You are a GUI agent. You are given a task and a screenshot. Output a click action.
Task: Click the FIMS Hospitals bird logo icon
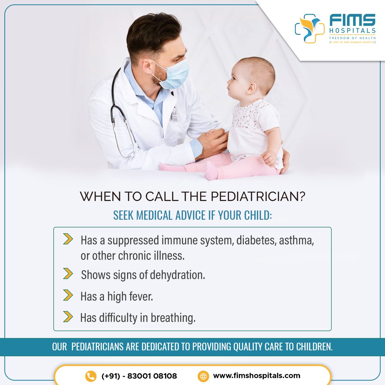(x=310, y=28)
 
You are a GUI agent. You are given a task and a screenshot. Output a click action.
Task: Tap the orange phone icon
(x=91, y=376)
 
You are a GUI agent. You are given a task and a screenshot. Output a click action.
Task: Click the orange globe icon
(x=203, y=376)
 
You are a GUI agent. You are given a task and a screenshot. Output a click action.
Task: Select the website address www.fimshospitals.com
(x=257, y=376)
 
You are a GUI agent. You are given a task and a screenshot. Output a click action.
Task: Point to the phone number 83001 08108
(x=152, y=376)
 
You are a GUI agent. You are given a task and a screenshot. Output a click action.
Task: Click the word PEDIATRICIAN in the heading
(x=258, y=197)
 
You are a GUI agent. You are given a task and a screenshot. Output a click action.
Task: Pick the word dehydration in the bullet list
(x=177, y=275)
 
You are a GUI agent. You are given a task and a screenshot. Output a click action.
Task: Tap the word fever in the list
(x=141, y=296)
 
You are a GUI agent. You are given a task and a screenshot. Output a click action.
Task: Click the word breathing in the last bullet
(x=173, y=318)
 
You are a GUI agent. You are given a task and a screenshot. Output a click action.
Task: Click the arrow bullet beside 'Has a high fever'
(x=68, y=295)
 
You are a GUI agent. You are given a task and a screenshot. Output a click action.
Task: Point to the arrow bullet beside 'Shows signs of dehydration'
(x=68, y=274)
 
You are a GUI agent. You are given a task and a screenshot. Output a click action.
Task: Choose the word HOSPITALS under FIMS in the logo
(x=352, y=30)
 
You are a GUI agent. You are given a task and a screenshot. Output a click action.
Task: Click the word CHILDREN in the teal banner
(x=314, y=347)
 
